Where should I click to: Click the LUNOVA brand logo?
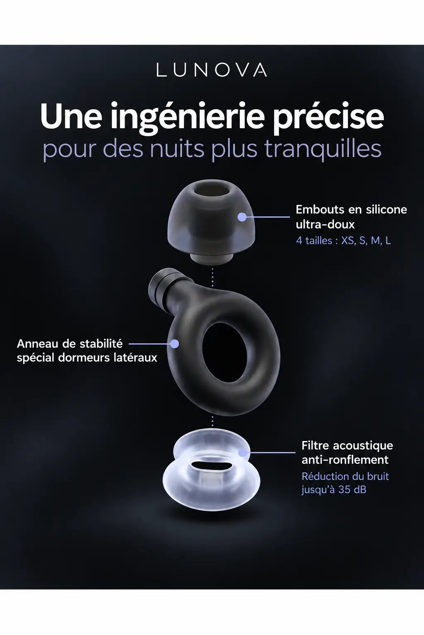(x=212, y=70)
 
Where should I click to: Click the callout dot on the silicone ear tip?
(x=242, y=217)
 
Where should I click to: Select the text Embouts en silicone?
(x=351, y=210)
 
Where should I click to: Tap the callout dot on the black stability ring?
(x=175, y=344)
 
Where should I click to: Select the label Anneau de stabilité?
(x=70, y=344)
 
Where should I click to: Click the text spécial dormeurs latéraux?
(x=87, y=358)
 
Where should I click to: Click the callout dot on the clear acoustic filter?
(x=242, y=452)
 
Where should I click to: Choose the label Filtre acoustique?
(x=347, y=445)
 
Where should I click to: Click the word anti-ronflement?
(x=345, y=460)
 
